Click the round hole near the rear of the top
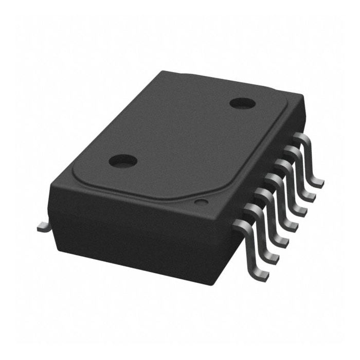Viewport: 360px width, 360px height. coord(243,103)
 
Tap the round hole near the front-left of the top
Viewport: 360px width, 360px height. coord(123,160)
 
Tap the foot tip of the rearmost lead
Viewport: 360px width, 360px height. coord(319,182)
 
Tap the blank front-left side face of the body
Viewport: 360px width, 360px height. coord(123,231)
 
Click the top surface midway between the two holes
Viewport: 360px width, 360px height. coord(183,132)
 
